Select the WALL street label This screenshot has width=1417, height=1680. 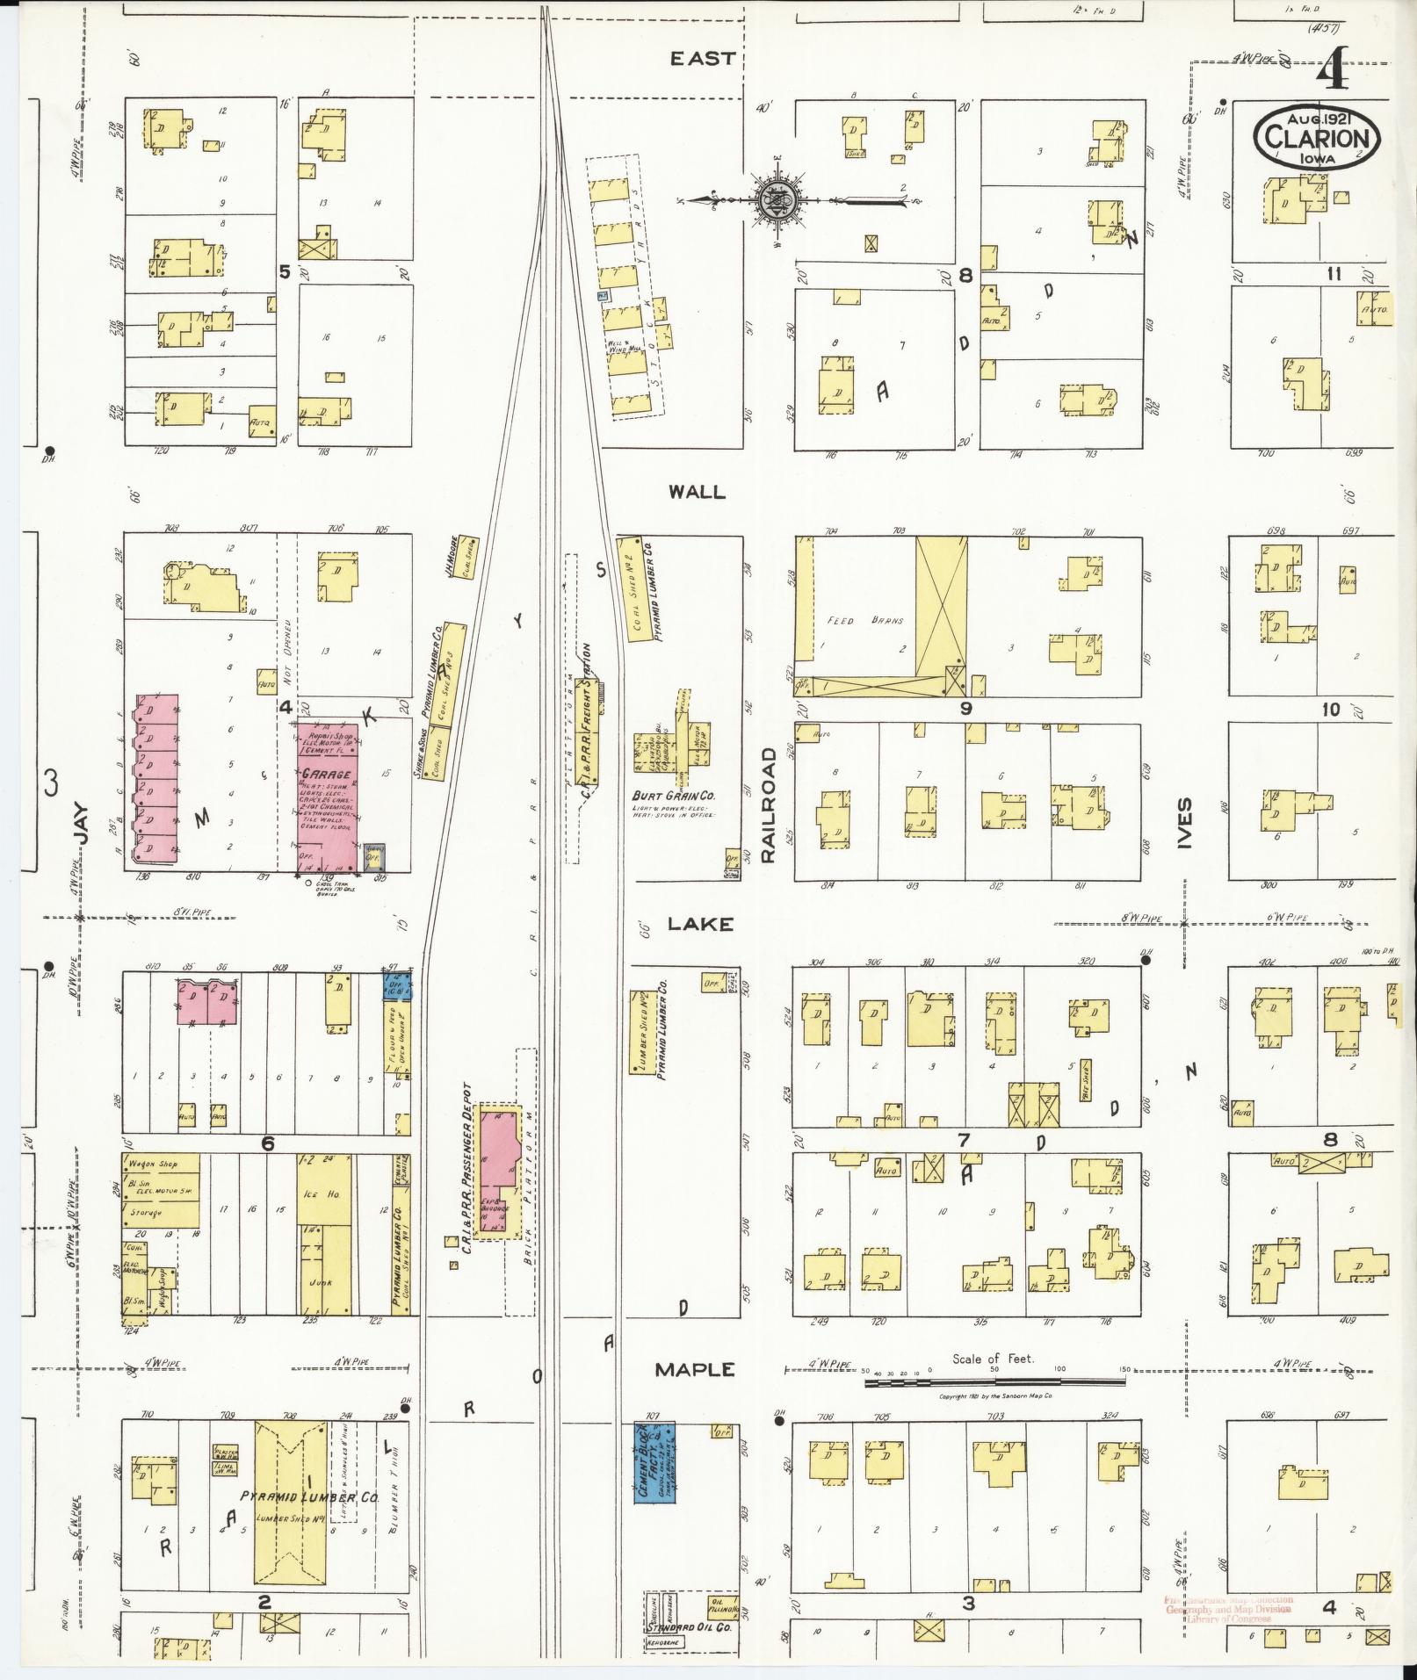697,492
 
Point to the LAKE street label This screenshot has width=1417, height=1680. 699,923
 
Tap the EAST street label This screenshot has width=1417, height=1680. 702,59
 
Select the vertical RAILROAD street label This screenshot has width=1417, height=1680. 770,804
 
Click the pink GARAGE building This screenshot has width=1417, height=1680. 327,796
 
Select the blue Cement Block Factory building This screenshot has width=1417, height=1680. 654,1462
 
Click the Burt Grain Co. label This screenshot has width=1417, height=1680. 675,796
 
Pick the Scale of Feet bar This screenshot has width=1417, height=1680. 995,1382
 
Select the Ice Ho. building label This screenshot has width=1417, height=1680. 319,1194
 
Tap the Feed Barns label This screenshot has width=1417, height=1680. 855,619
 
